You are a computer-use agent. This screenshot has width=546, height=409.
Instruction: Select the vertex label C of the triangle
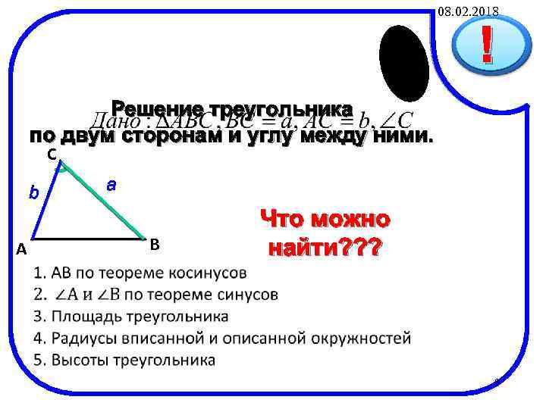[x=51, y=155]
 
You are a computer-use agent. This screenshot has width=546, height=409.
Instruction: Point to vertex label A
[x=22, y=249]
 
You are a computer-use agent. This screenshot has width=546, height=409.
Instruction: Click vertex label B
[x=154, y=244]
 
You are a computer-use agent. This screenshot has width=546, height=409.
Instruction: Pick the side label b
[x=33, y=192]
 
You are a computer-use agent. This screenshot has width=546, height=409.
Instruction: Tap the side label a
[x=111, y=183]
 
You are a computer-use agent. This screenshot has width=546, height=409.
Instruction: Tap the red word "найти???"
[x=325, y=248]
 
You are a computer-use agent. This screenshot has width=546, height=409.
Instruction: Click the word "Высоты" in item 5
[x=77, y=360]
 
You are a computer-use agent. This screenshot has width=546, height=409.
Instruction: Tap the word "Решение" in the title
[x=157, y=108]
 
